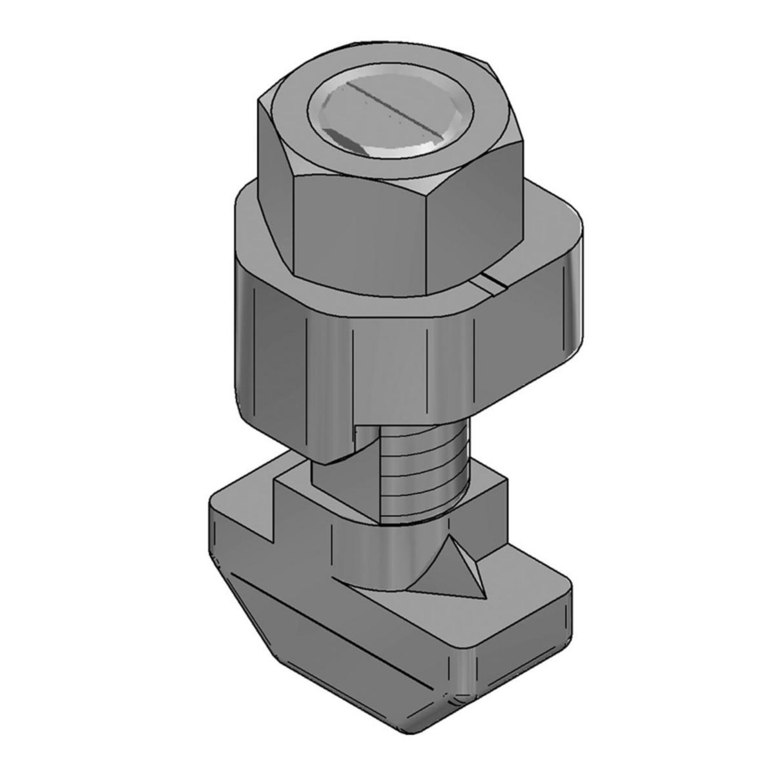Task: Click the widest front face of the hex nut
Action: (x=358, y=233)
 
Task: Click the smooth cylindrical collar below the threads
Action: (x=381, y=549)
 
